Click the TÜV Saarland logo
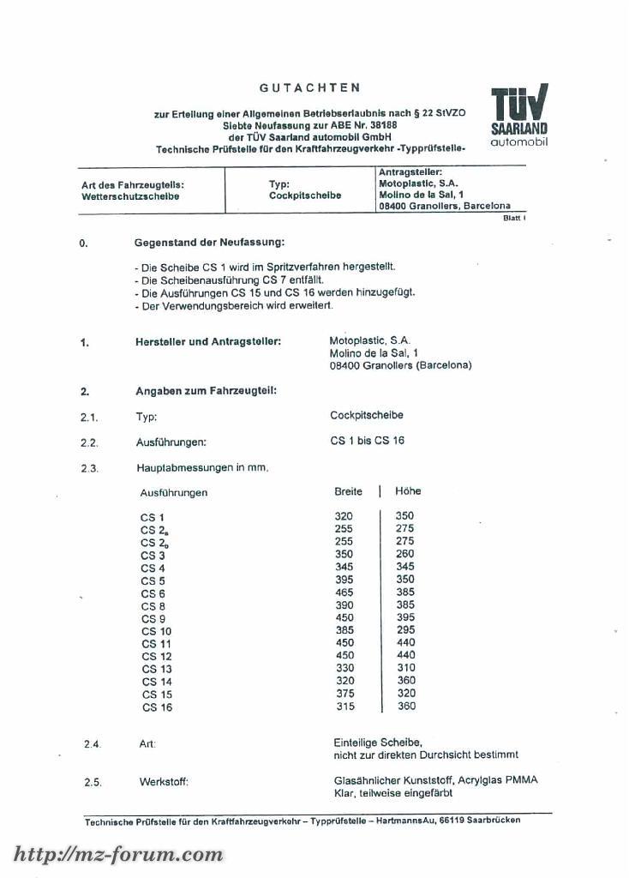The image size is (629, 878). click(519, 116)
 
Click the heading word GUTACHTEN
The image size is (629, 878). click(310, 87)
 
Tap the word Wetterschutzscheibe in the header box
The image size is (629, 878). click(130, 196)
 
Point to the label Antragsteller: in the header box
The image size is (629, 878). click(410, 171)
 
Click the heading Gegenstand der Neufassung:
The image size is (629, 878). click(210, 243)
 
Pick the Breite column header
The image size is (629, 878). click(348, 491)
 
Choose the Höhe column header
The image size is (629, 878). click(408, 491)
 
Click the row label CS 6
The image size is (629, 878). click(153, 594)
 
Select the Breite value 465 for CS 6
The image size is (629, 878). click(344, 592)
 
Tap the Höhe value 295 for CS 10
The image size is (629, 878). click(404, 630)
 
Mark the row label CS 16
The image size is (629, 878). click(157, 707)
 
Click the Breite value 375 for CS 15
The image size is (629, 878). click(344, 694)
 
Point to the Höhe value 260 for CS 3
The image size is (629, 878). click(404, 554)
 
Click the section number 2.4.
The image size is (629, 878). click(93, 744)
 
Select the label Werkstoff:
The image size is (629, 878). click(164, 782)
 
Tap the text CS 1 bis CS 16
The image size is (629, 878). click(367, 441)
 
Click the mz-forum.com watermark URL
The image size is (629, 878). click(118, 854)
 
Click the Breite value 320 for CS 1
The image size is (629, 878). click(344, 516)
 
